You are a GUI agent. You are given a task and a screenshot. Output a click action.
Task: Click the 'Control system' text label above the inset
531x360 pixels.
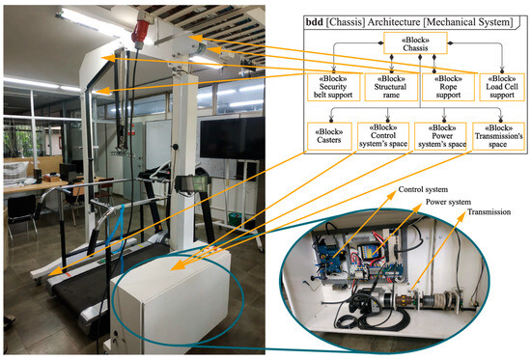click(424, 191)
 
